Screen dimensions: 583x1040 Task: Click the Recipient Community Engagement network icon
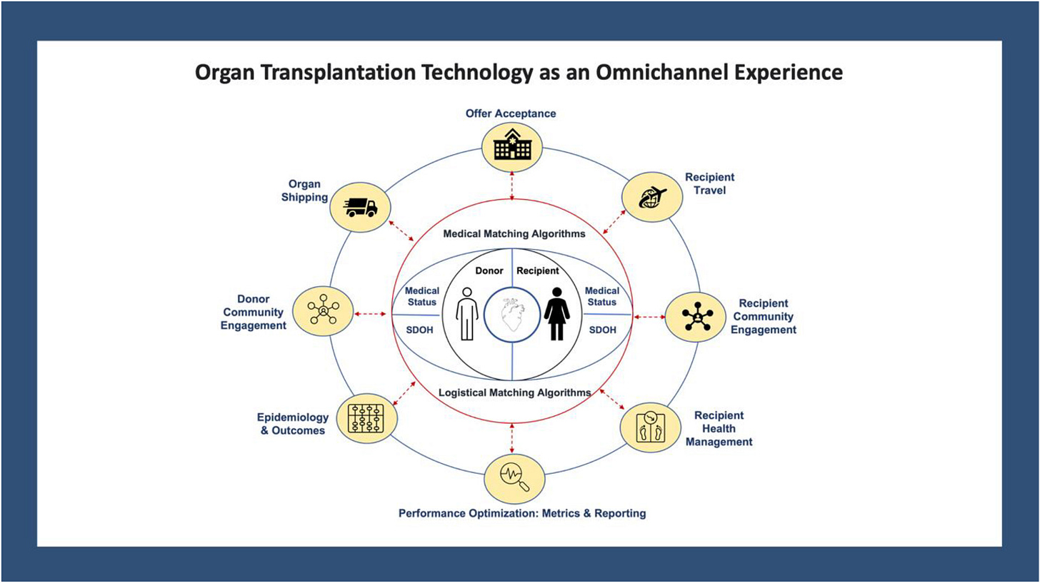point(695,316)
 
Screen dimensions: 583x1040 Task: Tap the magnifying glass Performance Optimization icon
point(514,477)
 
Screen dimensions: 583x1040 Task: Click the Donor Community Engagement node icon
point(324,312)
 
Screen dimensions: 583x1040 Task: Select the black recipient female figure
point(556,314)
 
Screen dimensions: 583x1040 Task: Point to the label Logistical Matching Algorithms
point(513,392)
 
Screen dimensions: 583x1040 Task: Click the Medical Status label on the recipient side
point(601,296)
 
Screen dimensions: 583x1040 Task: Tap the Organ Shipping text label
point(305,191)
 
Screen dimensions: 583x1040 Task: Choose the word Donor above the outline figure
point(489,271)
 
